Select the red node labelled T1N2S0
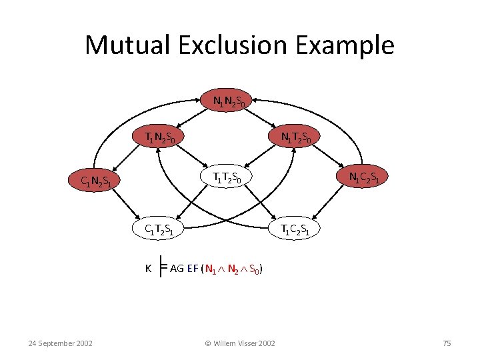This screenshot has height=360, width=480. (x=161, y=138)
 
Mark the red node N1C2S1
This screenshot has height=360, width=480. (x=365, y=177)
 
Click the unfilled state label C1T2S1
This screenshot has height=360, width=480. (x=160, y=230)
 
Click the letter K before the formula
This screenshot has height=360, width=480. (x=149, y=269)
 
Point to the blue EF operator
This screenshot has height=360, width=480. (x=193, y=269)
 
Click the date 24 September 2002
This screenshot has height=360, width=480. (x=60, y=343)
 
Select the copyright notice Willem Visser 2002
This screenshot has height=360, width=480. (x=239, y=343)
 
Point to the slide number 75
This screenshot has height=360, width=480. (x=447, y=343)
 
